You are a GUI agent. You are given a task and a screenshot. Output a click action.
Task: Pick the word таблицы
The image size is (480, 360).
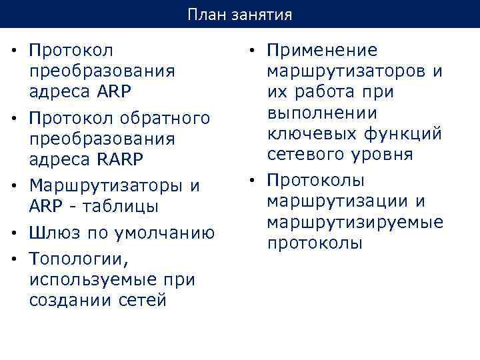[122, 207]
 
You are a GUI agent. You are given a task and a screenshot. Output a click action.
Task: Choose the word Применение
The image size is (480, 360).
[322, 50]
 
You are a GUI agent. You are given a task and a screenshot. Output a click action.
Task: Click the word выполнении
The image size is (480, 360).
[321, 113]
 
